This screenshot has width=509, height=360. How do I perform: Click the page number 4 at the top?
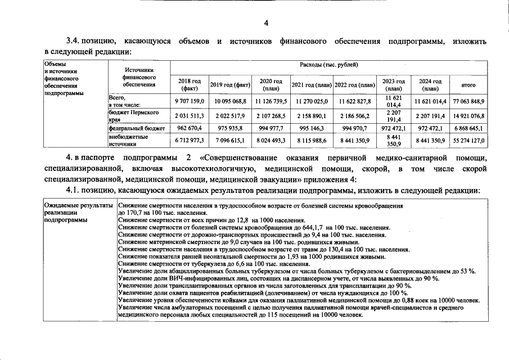click(267, 23)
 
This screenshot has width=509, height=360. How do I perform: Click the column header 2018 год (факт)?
click(190, 85)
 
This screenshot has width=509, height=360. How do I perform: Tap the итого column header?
click(469, 85)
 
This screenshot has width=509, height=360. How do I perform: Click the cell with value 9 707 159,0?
click(190, 101)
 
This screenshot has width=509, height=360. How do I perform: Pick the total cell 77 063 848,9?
click(469, 101)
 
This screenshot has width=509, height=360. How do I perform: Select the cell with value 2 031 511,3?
click(190, 116)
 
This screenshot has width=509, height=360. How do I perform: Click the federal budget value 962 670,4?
click(190, 128)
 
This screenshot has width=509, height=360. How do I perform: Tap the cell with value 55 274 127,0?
click(469, 141)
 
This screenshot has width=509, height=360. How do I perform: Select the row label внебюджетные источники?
click(128, 140)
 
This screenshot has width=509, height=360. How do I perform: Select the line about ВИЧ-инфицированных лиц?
click(280, 278)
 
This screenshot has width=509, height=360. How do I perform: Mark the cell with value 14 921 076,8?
click(469, 116)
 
